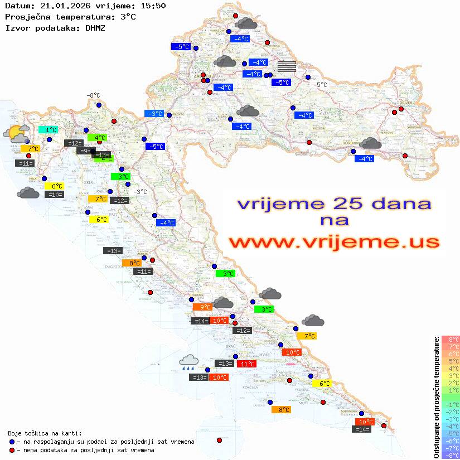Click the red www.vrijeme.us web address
pyautogui.click(x=333, y=242)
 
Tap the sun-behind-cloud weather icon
pyautogui.click(x=16, y=134)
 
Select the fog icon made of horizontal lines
pyautogui.click(x=287, y=66)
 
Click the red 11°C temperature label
pyautogui.click(x=247, y=364)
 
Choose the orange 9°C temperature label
pyautogui.click(x=202, y=307)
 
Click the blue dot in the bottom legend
pyautogui.click(x=12, y=442)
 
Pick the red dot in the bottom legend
pyautogui.click(x=12, y=450)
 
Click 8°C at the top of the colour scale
pyautogui.click(x=451, y=339)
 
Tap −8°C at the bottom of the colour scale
pyautogui.click(x=451, y=455)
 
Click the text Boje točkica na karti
pyautogui.click(x=45, y=433)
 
